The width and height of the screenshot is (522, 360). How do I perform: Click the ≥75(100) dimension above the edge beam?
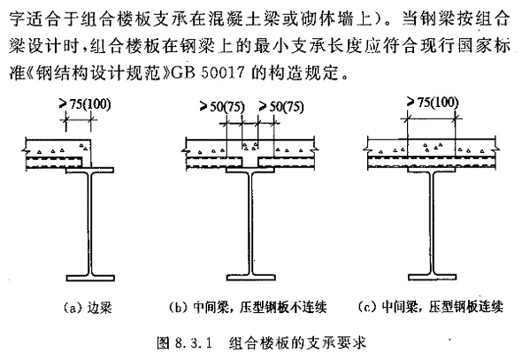85,104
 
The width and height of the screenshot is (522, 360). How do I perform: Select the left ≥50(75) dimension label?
222,107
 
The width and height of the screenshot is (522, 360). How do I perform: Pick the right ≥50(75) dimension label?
281,107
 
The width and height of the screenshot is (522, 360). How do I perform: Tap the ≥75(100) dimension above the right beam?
433,103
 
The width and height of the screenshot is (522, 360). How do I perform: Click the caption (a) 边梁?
88,308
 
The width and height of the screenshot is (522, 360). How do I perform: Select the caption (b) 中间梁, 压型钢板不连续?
248,307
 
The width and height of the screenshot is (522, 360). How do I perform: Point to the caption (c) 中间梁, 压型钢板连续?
431,306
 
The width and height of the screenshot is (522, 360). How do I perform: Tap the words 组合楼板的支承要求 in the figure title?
297,342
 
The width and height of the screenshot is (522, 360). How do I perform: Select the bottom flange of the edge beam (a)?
90,278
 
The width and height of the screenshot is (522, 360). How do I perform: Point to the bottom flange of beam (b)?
251,277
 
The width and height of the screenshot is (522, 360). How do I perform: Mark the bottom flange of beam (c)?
432,277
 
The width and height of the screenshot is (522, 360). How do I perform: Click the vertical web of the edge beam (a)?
90,224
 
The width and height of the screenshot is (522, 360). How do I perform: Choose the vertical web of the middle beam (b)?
250,223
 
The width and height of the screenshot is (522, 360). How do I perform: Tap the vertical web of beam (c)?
432,223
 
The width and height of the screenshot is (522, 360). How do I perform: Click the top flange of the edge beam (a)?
90,171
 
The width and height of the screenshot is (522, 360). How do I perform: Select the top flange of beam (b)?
250,170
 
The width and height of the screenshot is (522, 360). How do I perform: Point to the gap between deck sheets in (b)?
250,161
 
